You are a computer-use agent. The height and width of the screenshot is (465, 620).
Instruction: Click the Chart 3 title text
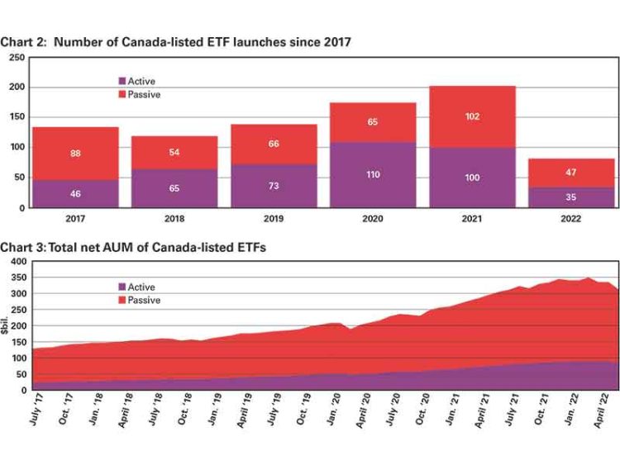[133, 247]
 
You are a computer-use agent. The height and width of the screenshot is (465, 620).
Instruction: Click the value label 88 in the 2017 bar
[75, 153]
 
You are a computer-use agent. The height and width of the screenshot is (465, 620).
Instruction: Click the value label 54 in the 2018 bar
[174, 153]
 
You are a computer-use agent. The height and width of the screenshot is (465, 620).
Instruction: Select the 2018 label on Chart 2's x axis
[174, 219]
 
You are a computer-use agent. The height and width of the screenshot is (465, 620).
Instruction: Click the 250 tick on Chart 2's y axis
[16, 58]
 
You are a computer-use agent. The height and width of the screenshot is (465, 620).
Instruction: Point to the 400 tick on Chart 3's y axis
[16, 261]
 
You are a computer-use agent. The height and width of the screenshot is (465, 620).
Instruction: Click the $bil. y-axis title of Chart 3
[7, 325]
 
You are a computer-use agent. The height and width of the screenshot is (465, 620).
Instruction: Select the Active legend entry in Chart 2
[141, 81]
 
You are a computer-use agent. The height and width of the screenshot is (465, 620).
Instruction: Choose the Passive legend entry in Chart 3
[144, 300]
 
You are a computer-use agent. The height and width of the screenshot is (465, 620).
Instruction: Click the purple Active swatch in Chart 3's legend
[122, 287]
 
